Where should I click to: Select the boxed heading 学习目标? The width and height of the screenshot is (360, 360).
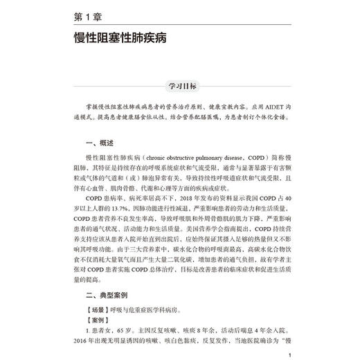point(180,86)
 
